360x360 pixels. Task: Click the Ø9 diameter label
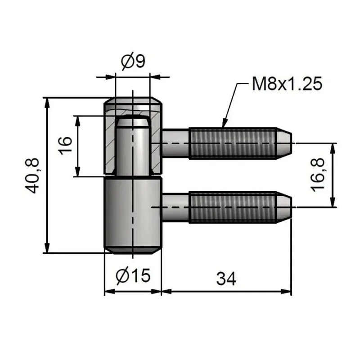click(x=133, y=61)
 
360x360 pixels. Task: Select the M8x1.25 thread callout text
click(x=286, y=84)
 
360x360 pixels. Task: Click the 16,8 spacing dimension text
click(x=319, y=175)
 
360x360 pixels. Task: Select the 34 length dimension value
click(x=226, y=279)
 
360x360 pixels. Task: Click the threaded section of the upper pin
click(x=232, y=143)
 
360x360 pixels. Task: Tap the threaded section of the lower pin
click(x=232, y=207)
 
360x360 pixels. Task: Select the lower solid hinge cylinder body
click(x=133, y=214)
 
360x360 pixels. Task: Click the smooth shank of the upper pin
click(x=175, y=143)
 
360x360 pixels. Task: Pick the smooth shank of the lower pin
click(x=175, y=207)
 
